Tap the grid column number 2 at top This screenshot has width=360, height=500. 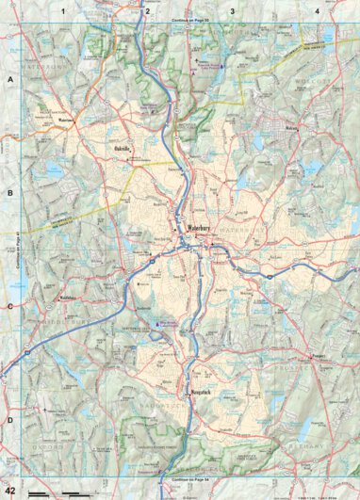pos(147,10)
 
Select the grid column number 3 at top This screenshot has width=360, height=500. pos(233,10)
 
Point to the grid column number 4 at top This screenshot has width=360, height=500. pos(318,10)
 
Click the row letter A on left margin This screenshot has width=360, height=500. pos(10,81)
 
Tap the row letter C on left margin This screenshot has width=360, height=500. pos(10,307)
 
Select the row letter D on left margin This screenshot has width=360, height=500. pos(10,420)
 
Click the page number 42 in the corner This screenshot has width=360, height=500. pos(10,491)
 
